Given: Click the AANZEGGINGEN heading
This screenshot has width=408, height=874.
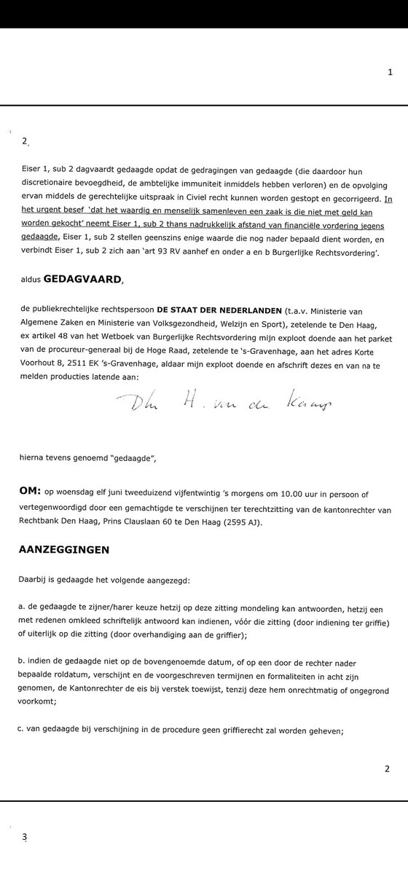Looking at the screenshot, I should click(64, 548).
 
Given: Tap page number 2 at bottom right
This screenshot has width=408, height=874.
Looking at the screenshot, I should click(387, 768).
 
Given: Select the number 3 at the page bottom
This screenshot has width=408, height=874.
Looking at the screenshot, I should click(24, 837).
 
